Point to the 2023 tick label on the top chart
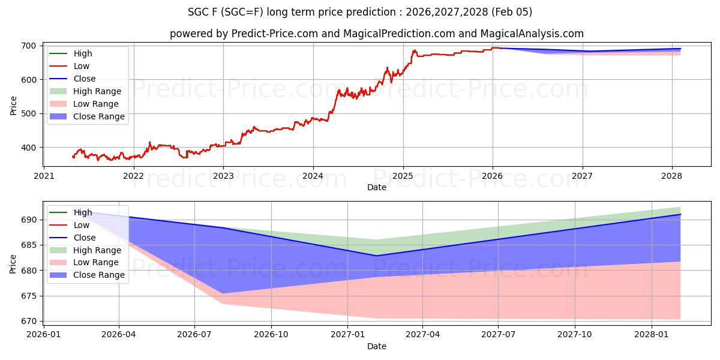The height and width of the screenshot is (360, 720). point(223,176)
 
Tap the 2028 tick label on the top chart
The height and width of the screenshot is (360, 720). point(672,176)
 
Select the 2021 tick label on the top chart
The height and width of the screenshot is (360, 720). point(43,176)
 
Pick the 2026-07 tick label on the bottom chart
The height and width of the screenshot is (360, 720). point(195,334)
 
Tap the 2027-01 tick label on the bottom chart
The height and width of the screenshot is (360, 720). point(347,334)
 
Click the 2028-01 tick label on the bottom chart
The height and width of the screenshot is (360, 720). point(651,334)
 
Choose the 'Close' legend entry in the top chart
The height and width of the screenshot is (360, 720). point(85,79)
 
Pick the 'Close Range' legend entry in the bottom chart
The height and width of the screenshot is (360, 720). point(99,275)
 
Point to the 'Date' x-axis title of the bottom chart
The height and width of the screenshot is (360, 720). point(377,346)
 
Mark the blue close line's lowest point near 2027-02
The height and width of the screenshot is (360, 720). point(377,256)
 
